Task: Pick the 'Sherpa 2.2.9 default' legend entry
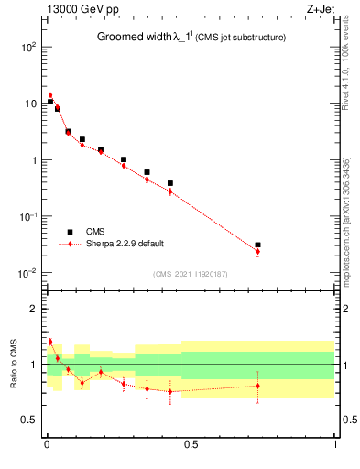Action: click(126, 244)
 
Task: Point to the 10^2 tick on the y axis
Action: click(27, 47)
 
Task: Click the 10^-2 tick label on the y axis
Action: click(26, 274)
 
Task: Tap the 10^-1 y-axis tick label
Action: click(26, 217)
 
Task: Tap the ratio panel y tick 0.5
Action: click(27, 420)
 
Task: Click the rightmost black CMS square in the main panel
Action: click(257, 245)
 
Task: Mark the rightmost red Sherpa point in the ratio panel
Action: click(257, 386)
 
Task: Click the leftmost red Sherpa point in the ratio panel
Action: click(50, 342)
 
